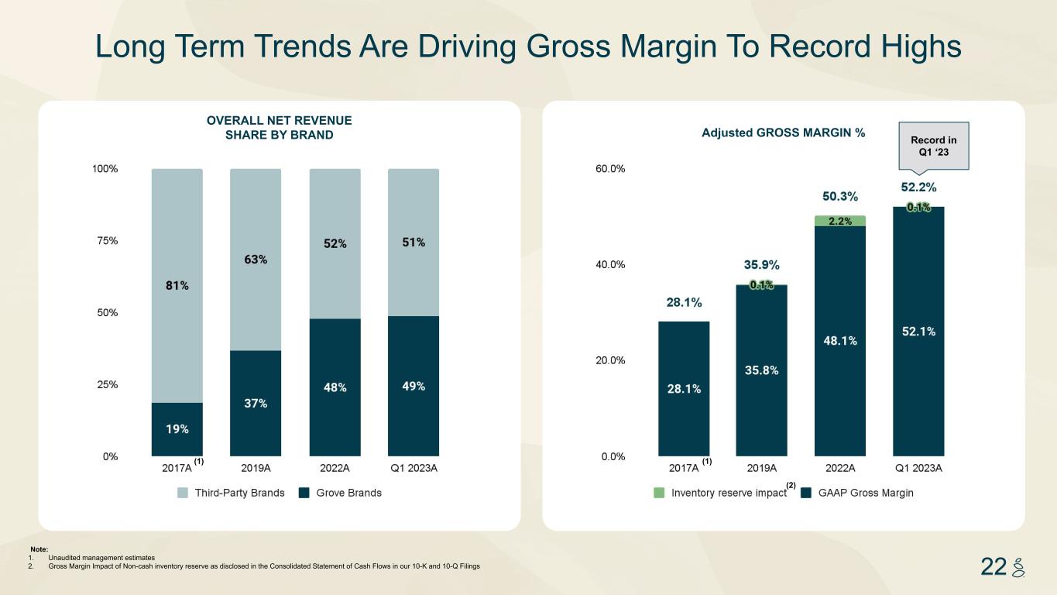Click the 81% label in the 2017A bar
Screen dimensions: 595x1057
(177, 285)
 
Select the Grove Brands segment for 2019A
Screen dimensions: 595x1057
(256, 403)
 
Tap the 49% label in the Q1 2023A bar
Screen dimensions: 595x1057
(413, 386)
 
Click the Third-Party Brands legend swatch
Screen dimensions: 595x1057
(183, 493)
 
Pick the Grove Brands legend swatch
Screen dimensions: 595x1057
(304, 493)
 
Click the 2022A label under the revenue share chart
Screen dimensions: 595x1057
(335, 468)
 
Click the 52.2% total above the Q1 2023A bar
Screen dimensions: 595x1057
(918, 187)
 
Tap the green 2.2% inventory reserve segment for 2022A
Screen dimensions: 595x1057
(840, 221)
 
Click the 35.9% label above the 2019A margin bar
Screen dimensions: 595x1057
(761, 266)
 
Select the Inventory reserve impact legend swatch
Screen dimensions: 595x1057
(660, 493)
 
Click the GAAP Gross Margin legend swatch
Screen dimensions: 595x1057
(806, 493)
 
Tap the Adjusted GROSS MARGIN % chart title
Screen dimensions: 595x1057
(783, 133)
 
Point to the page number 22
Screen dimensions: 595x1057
(993, 567)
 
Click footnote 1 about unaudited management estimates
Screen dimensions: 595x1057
(101, 558)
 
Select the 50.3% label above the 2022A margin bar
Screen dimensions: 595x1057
(839, 196)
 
